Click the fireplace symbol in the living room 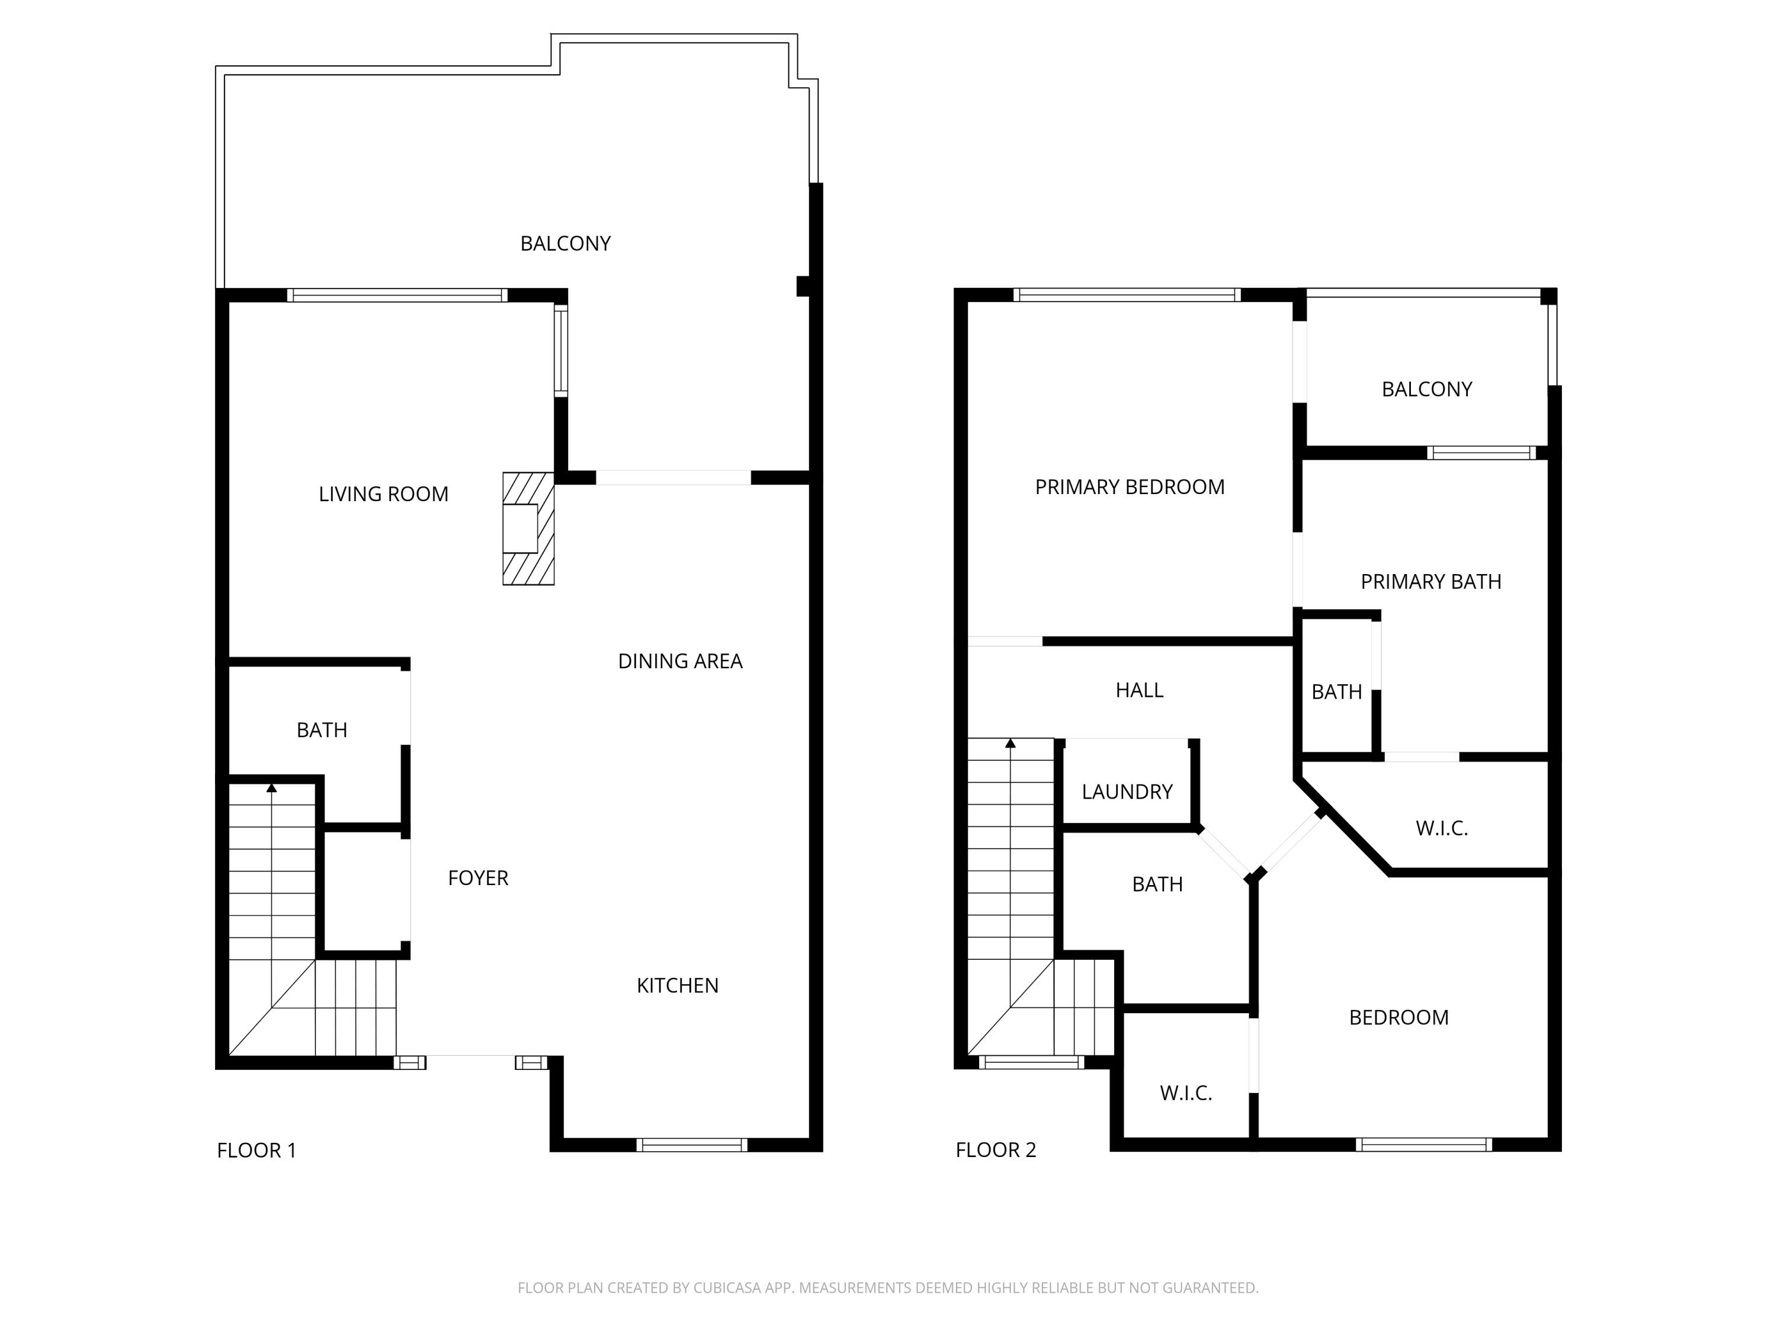tap(528, 528)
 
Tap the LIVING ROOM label tap(383, 494)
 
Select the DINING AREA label tap(679, 661)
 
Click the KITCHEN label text tap(677, 986)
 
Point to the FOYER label tap(478, 878)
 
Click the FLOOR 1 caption tap(256, 1151)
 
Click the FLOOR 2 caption tap(995, 1151)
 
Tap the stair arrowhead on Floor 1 tap(271, 788)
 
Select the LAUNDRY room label tap(1127, 792)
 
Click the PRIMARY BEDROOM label tap(1130, 487)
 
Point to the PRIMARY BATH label tap(1430, 582)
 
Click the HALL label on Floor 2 tap(1139, 690)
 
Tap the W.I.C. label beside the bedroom tap(1186, 1092)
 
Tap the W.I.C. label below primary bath tap(1442, 828)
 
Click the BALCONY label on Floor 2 tap(1427, 390)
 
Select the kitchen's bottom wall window tap(692, 1145)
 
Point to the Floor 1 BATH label tap(321, 730)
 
